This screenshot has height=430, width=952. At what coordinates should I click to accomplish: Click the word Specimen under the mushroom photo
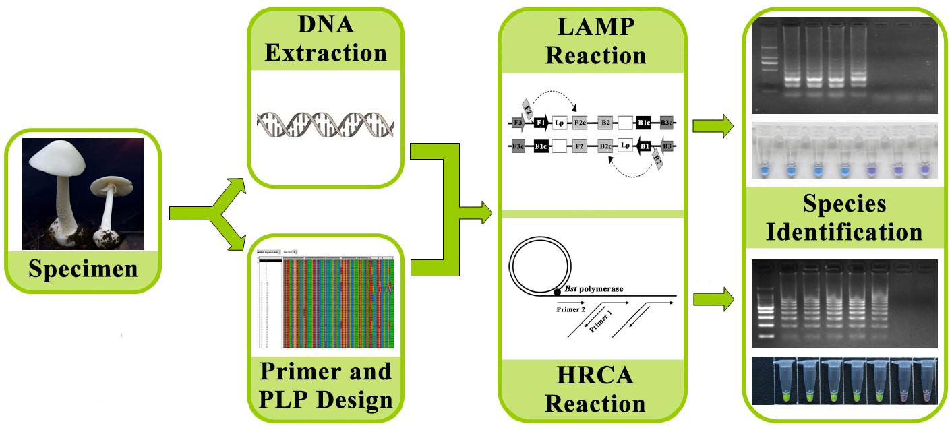click(83, 269)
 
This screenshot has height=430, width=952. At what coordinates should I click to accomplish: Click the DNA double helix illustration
click(325, 127)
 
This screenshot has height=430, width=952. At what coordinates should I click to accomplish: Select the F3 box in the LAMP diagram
click(518, 123)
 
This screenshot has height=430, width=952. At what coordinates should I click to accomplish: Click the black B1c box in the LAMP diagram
click(644, 123)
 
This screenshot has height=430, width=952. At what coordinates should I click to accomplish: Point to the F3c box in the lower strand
click(518, 146)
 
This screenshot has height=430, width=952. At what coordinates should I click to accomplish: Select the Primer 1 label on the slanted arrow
click(603, 325)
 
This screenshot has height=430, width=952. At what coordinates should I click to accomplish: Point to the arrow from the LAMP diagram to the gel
click(714, 125)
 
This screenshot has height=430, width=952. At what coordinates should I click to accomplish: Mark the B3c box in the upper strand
click(666, 123)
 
